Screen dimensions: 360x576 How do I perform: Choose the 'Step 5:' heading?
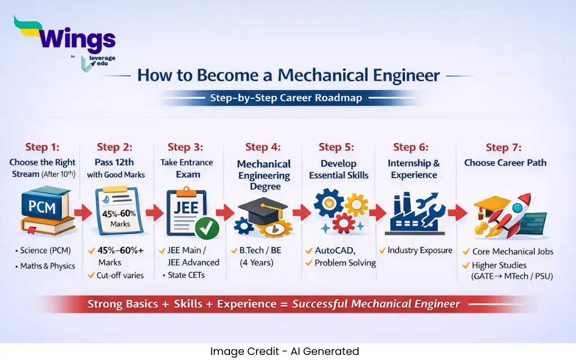click(x=336, y=147)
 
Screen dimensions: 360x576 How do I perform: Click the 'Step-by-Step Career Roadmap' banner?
click(x=286, y=98)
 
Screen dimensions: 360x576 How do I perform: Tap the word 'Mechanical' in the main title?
click(x=334, y=75)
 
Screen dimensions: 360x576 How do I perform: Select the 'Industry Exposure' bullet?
click(x=420, y=250)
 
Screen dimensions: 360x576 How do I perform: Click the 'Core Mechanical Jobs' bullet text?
click(x=512, y=251)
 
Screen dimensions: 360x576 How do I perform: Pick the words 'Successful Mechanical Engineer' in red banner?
click(x=376, y=304)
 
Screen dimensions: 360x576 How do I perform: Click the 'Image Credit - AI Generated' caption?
click(x=285, y=352)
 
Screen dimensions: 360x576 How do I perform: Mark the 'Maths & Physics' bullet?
click(x=48, y=265)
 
